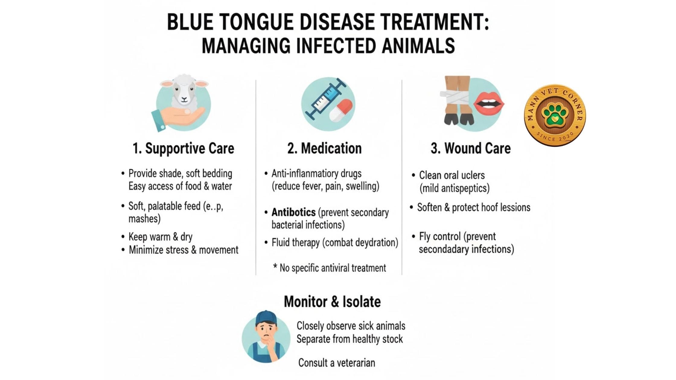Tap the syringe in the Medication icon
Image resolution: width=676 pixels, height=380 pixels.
tap(326, 98)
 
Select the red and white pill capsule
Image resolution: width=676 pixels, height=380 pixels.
tap(341, 110)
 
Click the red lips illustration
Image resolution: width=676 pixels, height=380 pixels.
tap(489, 103)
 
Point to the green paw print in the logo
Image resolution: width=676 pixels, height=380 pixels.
tap(555, 114)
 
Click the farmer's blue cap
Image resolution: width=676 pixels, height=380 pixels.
tap(266, 318)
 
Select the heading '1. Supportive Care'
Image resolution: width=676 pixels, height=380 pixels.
tap(183, 148)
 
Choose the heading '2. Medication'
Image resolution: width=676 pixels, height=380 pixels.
tap(324, 148)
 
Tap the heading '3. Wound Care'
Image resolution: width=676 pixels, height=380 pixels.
tap(470, 148)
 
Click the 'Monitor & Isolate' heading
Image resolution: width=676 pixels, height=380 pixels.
tap(332, 302)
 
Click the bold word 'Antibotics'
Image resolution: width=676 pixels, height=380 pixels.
tap(293, 212)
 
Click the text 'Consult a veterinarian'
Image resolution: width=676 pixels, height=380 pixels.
tap(336, 363)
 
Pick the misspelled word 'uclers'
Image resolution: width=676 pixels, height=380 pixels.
tap(473, 175)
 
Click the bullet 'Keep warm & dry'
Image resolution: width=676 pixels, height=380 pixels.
tap(160, 237)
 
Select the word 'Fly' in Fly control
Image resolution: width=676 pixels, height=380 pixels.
tap(425, 237)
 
